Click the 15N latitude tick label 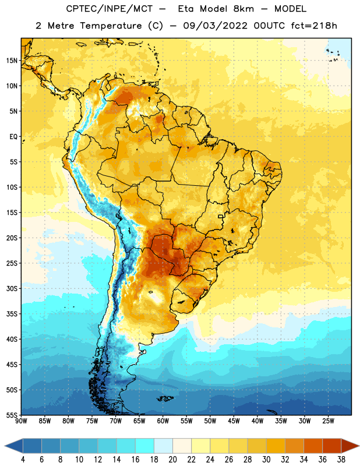click(12, 61)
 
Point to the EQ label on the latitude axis click(13, 137)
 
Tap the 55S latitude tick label click(12, 415)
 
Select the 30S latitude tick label click(12, 288)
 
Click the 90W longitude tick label click(21, 421)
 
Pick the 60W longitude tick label click(163, 421)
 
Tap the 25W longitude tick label click(328, 421)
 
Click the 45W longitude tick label click(234, 421)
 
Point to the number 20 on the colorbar click(172, 460)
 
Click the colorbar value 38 click(341, 460)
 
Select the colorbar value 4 click(23, 460)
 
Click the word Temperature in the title click(111, 26)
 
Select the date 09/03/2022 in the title click(215, 26)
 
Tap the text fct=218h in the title click(314, 26)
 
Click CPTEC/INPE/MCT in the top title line click(109, 9)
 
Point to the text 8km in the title click(243, 9)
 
